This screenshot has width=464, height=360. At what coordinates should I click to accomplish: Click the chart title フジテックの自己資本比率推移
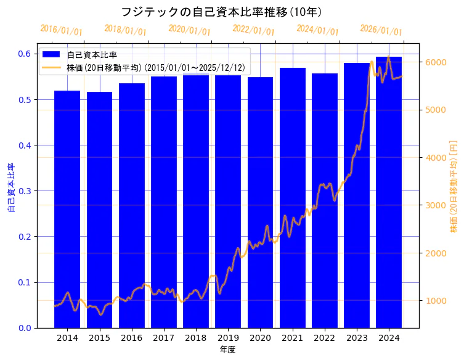tap(221, 12)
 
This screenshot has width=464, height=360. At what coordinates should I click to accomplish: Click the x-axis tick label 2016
tap(131, 338)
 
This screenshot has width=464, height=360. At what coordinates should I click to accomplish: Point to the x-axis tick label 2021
tap(292, 338)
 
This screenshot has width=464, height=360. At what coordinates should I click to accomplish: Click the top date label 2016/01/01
tap(61, 30)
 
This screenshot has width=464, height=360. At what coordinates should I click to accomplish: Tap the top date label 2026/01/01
tap(381, 30)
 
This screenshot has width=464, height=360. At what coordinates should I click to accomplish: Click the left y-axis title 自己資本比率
tap(10, 187)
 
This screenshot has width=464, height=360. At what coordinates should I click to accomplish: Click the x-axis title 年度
tap(227, 350)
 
